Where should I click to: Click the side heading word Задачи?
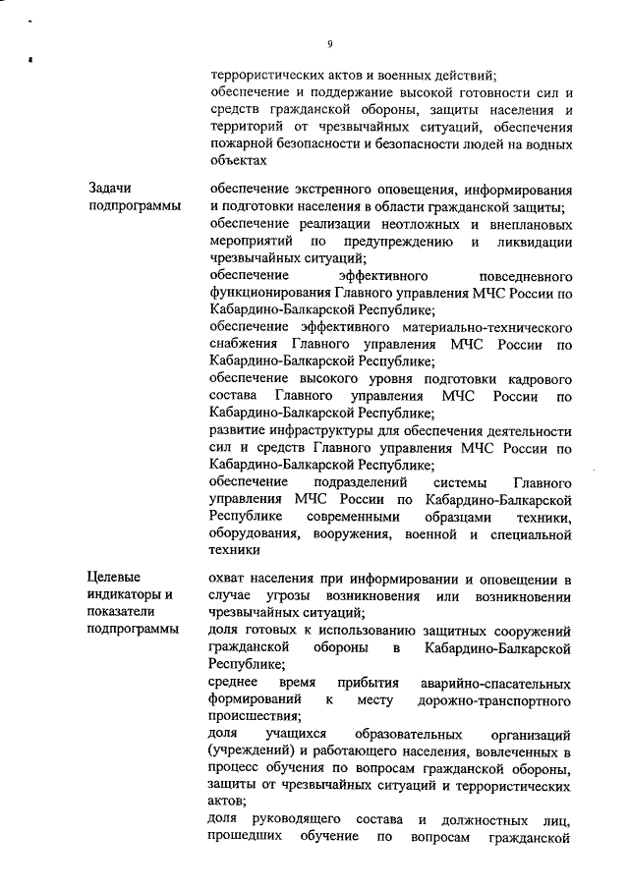tap(109, 189)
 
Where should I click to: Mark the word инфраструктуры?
tap(314, 432)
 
